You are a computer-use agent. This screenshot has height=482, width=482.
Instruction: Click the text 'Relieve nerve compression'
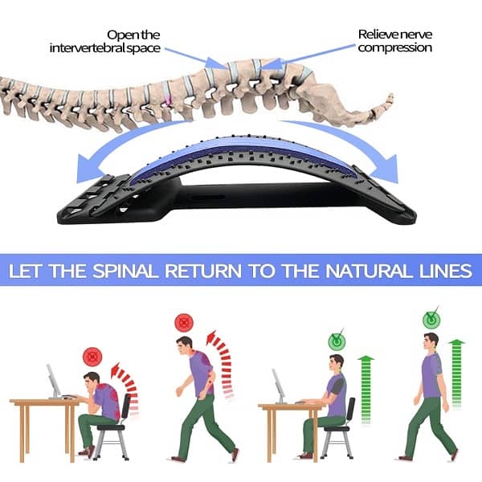394,41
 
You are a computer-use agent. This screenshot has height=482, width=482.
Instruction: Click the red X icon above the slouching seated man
93,354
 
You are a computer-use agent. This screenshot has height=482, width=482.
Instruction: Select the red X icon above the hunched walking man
185,323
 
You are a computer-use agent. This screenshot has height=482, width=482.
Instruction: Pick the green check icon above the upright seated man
337,341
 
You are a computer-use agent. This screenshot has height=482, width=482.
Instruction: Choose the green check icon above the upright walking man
431,319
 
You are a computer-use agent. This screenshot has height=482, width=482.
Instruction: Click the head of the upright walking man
431,341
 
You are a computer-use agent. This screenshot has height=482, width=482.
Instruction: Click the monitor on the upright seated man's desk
279,383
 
